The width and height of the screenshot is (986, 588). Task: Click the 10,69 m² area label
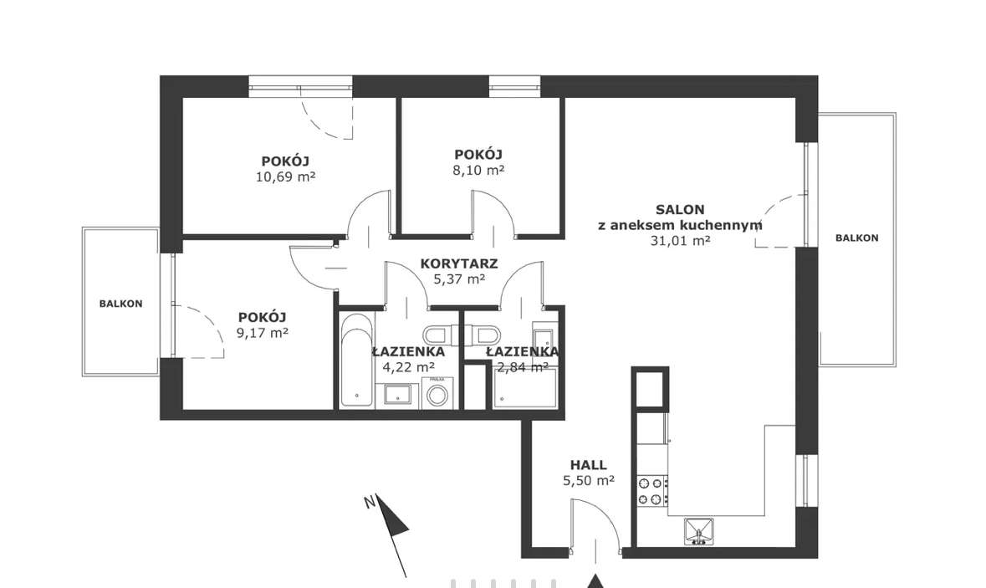(285, 176)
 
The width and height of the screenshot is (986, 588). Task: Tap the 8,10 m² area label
(478, 170)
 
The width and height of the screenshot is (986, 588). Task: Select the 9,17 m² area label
(263, 333)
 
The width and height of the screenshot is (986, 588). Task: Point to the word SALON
(680, 209)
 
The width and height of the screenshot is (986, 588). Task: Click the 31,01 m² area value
(681, 240)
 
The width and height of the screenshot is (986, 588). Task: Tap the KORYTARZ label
(459, 263)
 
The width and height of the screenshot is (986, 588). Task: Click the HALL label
(589, 465)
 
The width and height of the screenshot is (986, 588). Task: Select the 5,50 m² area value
(589, 481)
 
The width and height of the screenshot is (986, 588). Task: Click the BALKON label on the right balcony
(857, 238)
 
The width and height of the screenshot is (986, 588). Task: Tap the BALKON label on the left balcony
(120, 304)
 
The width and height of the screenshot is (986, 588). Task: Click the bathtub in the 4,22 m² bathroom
(356, 360)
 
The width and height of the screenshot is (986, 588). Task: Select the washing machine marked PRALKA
(437, 395)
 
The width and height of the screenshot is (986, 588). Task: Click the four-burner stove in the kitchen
(652, 491)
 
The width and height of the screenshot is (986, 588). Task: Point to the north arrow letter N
(370, 502)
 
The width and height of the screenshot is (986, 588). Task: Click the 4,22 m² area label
(409, 367)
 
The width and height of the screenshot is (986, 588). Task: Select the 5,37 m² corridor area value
(459, 279)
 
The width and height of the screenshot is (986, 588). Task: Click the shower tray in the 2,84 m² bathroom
(526, 387)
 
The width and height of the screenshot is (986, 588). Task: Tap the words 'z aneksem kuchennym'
(680, 225)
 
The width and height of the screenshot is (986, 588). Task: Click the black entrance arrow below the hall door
(595, 581)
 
